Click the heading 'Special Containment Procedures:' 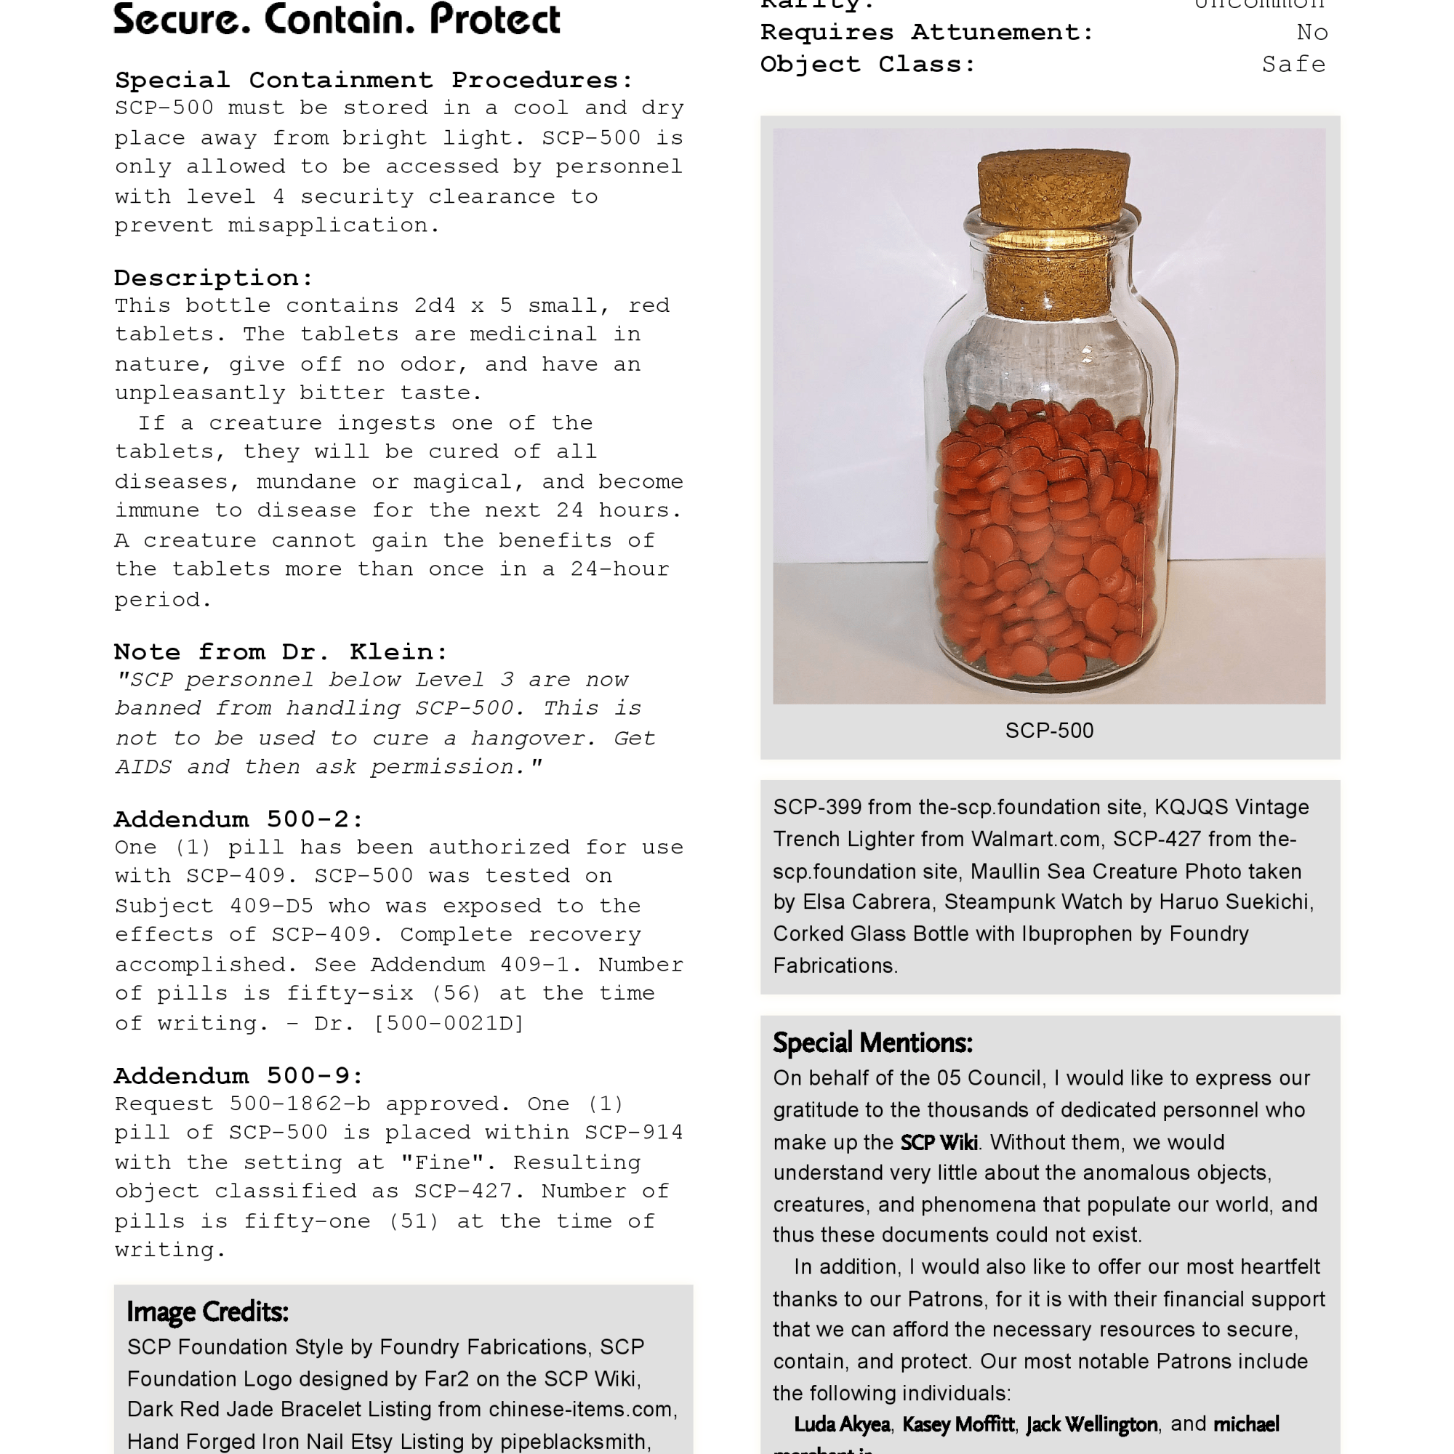pyautogui.click(x=374, y=80)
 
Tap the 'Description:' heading pyautogui.click(x=214, y=278)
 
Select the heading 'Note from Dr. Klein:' pyautogui.click(x=281, y=651)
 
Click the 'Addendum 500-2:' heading pyautogui.click(x=238, y=819)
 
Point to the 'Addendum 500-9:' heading pyautogui.click(x=238, y=1075)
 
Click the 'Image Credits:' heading pyautogui.click(x=207, y=1312)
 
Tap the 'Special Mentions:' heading pyautogui.click(x=872, y=1043)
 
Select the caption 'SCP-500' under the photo pyautogui.click(x=1049, y=730)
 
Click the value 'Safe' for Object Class pyautogui.click(x=1293, y=65)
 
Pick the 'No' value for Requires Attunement pyautogui.click(x=1312, y=33)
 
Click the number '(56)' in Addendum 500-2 pyautogui.click(x=457, y=993)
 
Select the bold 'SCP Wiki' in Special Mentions pyautogui.click(x=939, y=1142)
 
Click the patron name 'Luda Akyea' pyautogui.click(x=841, y=1424)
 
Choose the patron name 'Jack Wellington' pyautogui.click(x=1091, y=1424)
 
